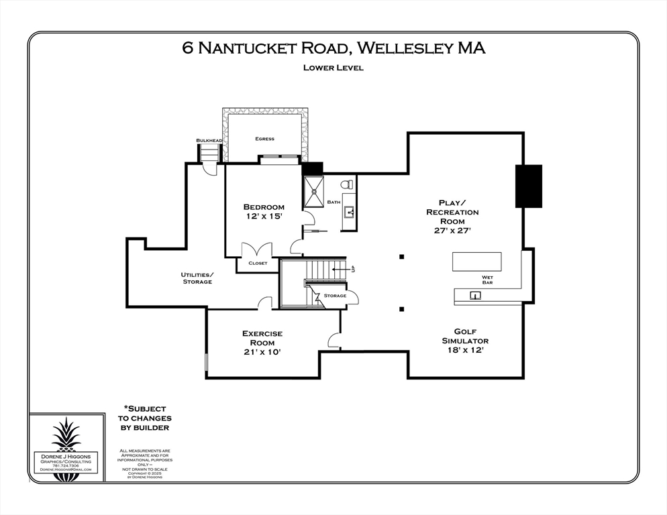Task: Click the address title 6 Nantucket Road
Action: click(x=333, y=48)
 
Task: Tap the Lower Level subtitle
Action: click(x=333, y=67)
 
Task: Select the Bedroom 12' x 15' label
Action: click(x=264, y=212)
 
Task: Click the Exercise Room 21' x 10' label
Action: click(x=262, y=342)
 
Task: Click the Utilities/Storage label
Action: click(x=197, y=278)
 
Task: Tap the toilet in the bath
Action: click(x=347, y=184)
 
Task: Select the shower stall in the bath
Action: click(x=313, y=192)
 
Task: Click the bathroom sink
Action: click(x=349, y=213)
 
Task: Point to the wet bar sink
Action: click(x=475, y=295)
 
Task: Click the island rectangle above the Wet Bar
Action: click(x=476, y=262)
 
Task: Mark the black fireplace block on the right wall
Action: click(x=528, y=186)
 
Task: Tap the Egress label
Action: click(x=264, y=139)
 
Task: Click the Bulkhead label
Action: click(x=209, y=140)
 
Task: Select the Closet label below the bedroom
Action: click(x=258, y=263)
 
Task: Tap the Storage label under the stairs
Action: click(x=335, y=296)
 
